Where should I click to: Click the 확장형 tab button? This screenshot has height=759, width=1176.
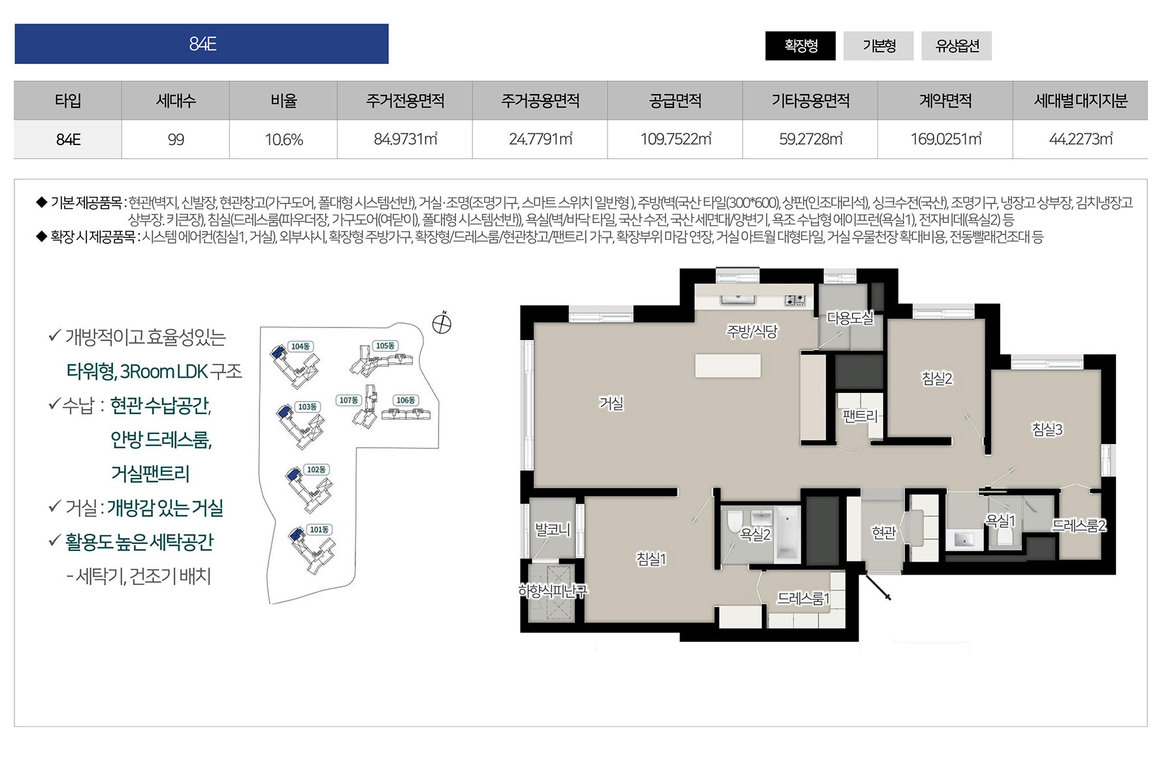[x=800, y=46]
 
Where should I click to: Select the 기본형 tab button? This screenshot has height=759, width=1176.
[x=879, y=46]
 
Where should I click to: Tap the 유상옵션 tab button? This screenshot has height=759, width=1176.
[x=956, y=46]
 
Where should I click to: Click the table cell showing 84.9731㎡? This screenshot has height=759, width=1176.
[x=405, y=139]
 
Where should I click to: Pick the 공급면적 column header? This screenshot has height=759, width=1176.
[x=675, y=101]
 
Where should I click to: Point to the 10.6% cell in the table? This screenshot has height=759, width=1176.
[x=284, y=139]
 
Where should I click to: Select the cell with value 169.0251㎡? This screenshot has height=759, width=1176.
[x=945, y=139]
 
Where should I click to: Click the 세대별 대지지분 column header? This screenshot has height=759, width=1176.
[x=1081, y=101]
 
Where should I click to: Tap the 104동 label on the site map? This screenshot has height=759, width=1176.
[x=301, y=346]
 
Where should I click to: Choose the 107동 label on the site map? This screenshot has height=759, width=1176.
[x=348, y=400]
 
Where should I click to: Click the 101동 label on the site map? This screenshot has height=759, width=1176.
[x=319, y=530]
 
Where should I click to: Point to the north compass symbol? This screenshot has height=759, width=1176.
[x=442, y=323]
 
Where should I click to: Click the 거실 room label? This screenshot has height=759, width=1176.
[x=612, y=403]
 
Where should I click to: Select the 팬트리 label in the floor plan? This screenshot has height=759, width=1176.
[x=860, y=416]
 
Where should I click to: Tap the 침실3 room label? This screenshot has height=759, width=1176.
[x=1047, y=430]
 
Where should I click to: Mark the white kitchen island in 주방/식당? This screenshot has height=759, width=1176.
[x=728, y=365]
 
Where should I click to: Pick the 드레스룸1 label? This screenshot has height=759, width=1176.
[x=803, y=598]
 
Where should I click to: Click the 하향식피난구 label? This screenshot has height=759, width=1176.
[x=553, y=591]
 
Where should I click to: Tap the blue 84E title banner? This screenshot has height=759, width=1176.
[x=201, y=44]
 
